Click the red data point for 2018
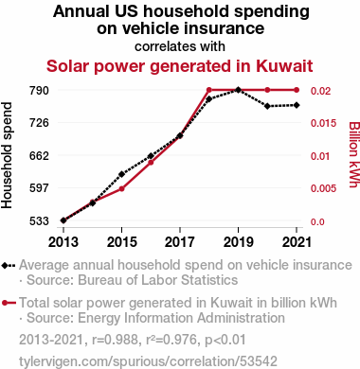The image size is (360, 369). (209, 90)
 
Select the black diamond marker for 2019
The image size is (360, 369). (239, 90)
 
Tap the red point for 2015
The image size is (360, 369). (121, 189)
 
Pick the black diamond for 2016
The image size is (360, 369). (151, 156)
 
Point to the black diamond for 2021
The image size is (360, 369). (297, 105)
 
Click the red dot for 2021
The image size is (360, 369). (297, 90)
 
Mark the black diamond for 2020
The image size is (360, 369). (267, 106)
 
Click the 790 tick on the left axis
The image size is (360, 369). (39, 91)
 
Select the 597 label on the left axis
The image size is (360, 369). (39, 188)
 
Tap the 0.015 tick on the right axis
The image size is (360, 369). (323, 123)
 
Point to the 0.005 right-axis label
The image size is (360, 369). (323, 188)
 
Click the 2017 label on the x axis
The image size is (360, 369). (180, 242)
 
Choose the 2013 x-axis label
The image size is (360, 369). (63, 242)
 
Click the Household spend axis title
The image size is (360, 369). (7, 155)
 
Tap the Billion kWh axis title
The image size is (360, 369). (354, 155)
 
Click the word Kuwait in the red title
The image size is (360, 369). (284, 66)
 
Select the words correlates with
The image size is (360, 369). (180, 46)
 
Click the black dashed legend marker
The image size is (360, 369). (9, 266)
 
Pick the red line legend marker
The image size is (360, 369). (9, 303)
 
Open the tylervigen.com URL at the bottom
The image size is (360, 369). (148, 361)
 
